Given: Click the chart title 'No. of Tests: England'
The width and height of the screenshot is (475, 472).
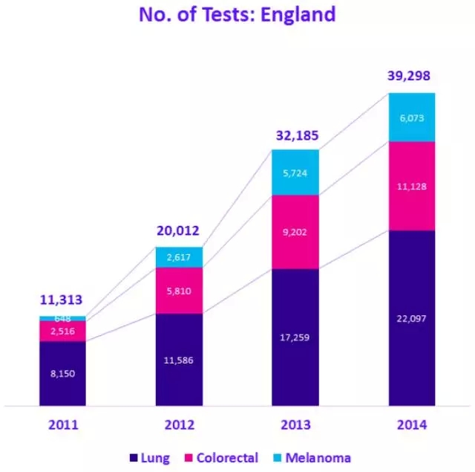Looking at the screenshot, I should click(x=237, y=14).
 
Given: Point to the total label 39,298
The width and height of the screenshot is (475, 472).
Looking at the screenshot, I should click(x=409, y=76).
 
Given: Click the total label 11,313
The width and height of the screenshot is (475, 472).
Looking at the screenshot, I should click(x=61, y=300).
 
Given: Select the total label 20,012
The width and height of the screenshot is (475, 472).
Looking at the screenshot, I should click(x=177, y=230).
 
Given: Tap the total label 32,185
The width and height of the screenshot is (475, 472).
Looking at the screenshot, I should click(x=295, y=136).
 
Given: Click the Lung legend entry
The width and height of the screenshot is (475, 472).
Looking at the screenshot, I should click(x=151, y=458).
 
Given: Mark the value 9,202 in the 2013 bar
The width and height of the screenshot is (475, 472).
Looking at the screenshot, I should click(x=295, y=232).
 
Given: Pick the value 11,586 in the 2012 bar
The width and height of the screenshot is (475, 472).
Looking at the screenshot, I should click(x=179, y=361).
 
